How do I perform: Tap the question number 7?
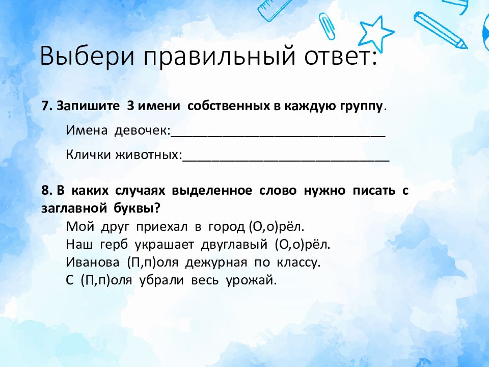[x=46, y=106]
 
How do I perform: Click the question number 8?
[x=46, y=190]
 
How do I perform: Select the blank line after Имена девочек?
[x=278, y=137]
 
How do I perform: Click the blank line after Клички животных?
[x=286, y=161]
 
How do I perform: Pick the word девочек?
[x=141, y=130]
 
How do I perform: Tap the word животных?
[x=148, y=155]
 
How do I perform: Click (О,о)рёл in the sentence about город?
[x=276, y=226]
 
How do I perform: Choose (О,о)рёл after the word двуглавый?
[x=303, y=244]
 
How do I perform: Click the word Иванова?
[x=93, y=262]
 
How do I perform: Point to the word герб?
[x=114, y=245]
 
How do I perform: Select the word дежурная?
[x=216, y=263]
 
